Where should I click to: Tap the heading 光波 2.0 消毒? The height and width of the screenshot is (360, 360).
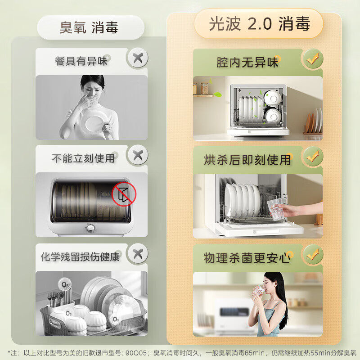(259, 24)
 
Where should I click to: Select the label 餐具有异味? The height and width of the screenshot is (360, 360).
(81, 61)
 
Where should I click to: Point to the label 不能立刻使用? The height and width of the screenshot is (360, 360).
(83, 158)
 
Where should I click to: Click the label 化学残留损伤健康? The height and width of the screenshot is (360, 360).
(80, 257)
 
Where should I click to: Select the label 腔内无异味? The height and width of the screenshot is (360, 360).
(247, 62)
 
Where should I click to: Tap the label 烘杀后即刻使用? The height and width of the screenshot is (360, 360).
(247, 159)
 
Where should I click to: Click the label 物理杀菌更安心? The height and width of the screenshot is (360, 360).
(247, 258)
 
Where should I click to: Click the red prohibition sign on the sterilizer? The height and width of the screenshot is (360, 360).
(124, 194)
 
